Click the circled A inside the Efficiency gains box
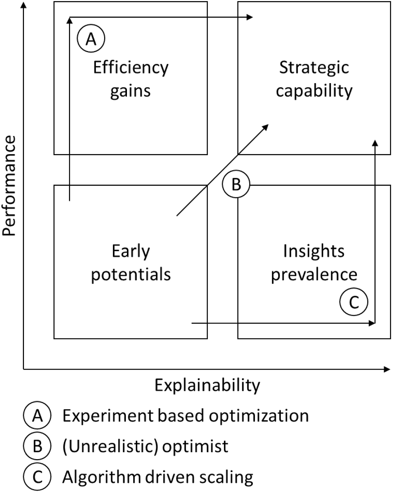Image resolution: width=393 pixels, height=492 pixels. [91, 38]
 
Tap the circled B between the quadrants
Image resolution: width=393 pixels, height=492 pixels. [236, 184]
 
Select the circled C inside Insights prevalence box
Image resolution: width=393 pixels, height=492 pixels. [354, 302]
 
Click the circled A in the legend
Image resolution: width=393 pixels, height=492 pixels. [38, 416]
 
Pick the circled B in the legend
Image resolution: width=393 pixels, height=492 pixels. [38, 447]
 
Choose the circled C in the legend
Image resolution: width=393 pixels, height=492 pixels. [38, 477]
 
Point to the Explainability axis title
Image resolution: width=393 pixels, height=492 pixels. [207, 385]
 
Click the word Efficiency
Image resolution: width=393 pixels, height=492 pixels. [131, 68]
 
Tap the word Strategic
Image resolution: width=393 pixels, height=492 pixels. [314, 68]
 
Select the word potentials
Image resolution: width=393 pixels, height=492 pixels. [131, 274]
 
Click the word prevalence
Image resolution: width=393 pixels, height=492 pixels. [314, 274]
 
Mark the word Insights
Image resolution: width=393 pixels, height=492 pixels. [314, 251]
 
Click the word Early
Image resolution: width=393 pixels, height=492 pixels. [131, 251]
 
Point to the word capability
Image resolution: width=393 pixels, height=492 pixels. [314, 91]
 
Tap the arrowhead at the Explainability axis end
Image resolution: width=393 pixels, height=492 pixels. [387, 369]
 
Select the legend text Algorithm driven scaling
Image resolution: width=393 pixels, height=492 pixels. [158, 477]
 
